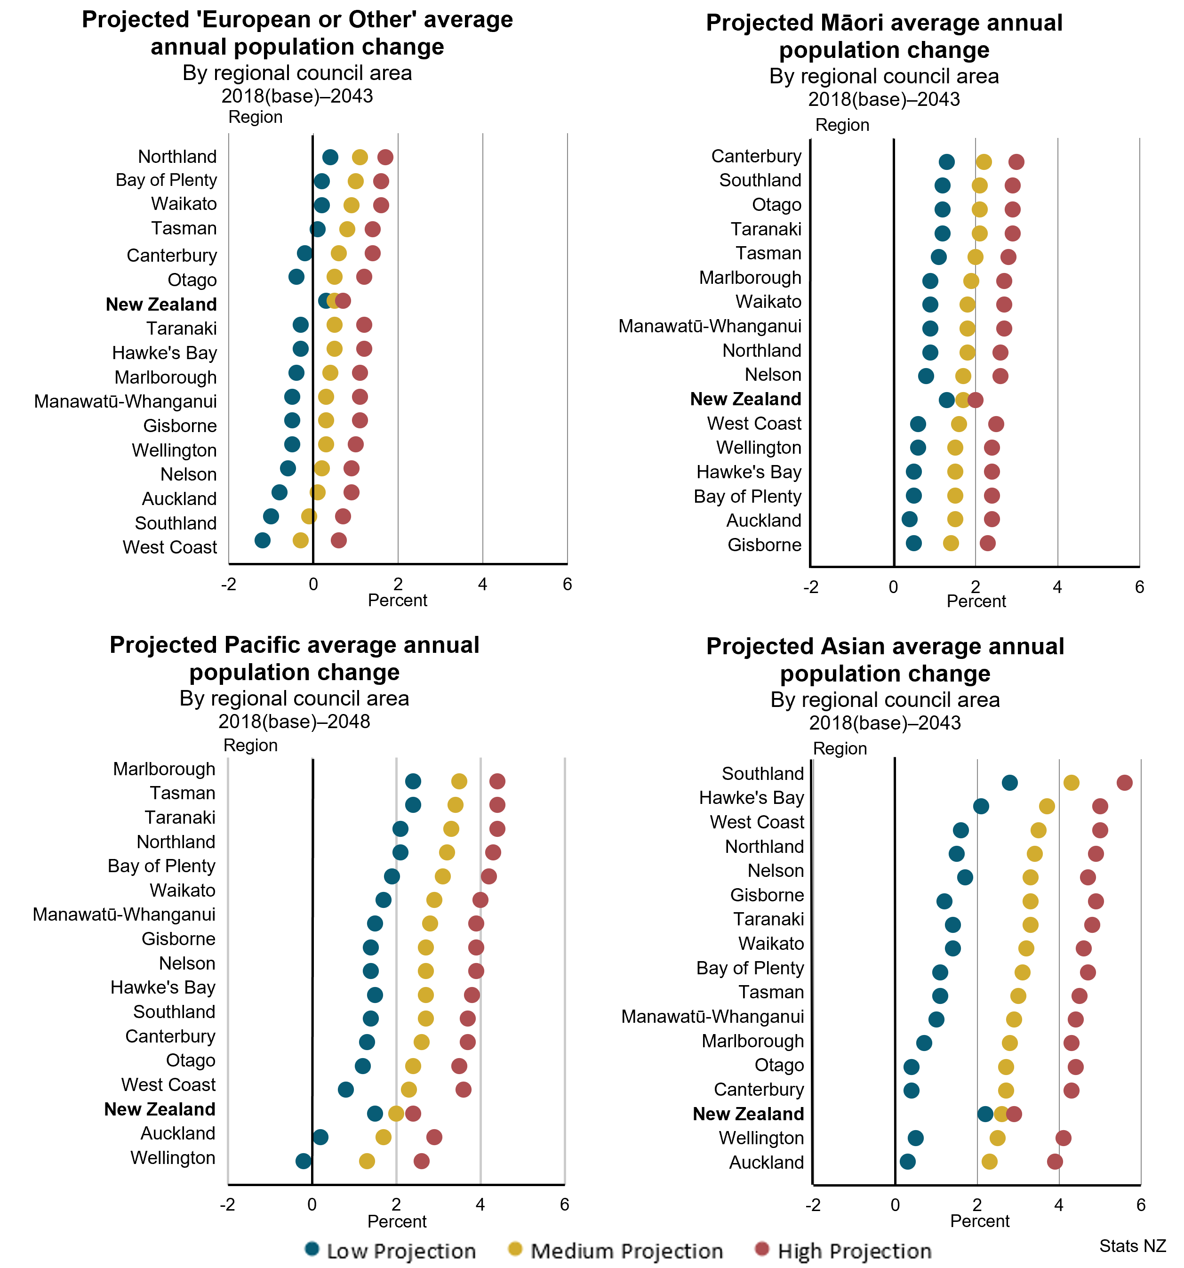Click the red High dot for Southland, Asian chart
click(1125, 783)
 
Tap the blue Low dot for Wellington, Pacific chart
click(304, 1161)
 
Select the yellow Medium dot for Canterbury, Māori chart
click(984, 162)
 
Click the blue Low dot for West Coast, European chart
click(262, 540)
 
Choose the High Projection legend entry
click(843, 1251)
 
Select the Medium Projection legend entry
click(616, 1251)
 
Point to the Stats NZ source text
click(1132, 1246)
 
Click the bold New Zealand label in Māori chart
click(745, 399)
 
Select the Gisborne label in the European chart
click(180, 425)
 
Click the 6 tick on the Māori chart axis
click(1139, 587)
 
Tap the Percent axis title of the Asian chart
click(979, 1221)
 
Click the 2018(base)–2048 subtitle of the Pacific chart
click(294, 722)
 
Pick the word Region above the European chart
click(255, 117)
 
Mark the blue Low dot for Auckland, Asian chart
click(907, 1162)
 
